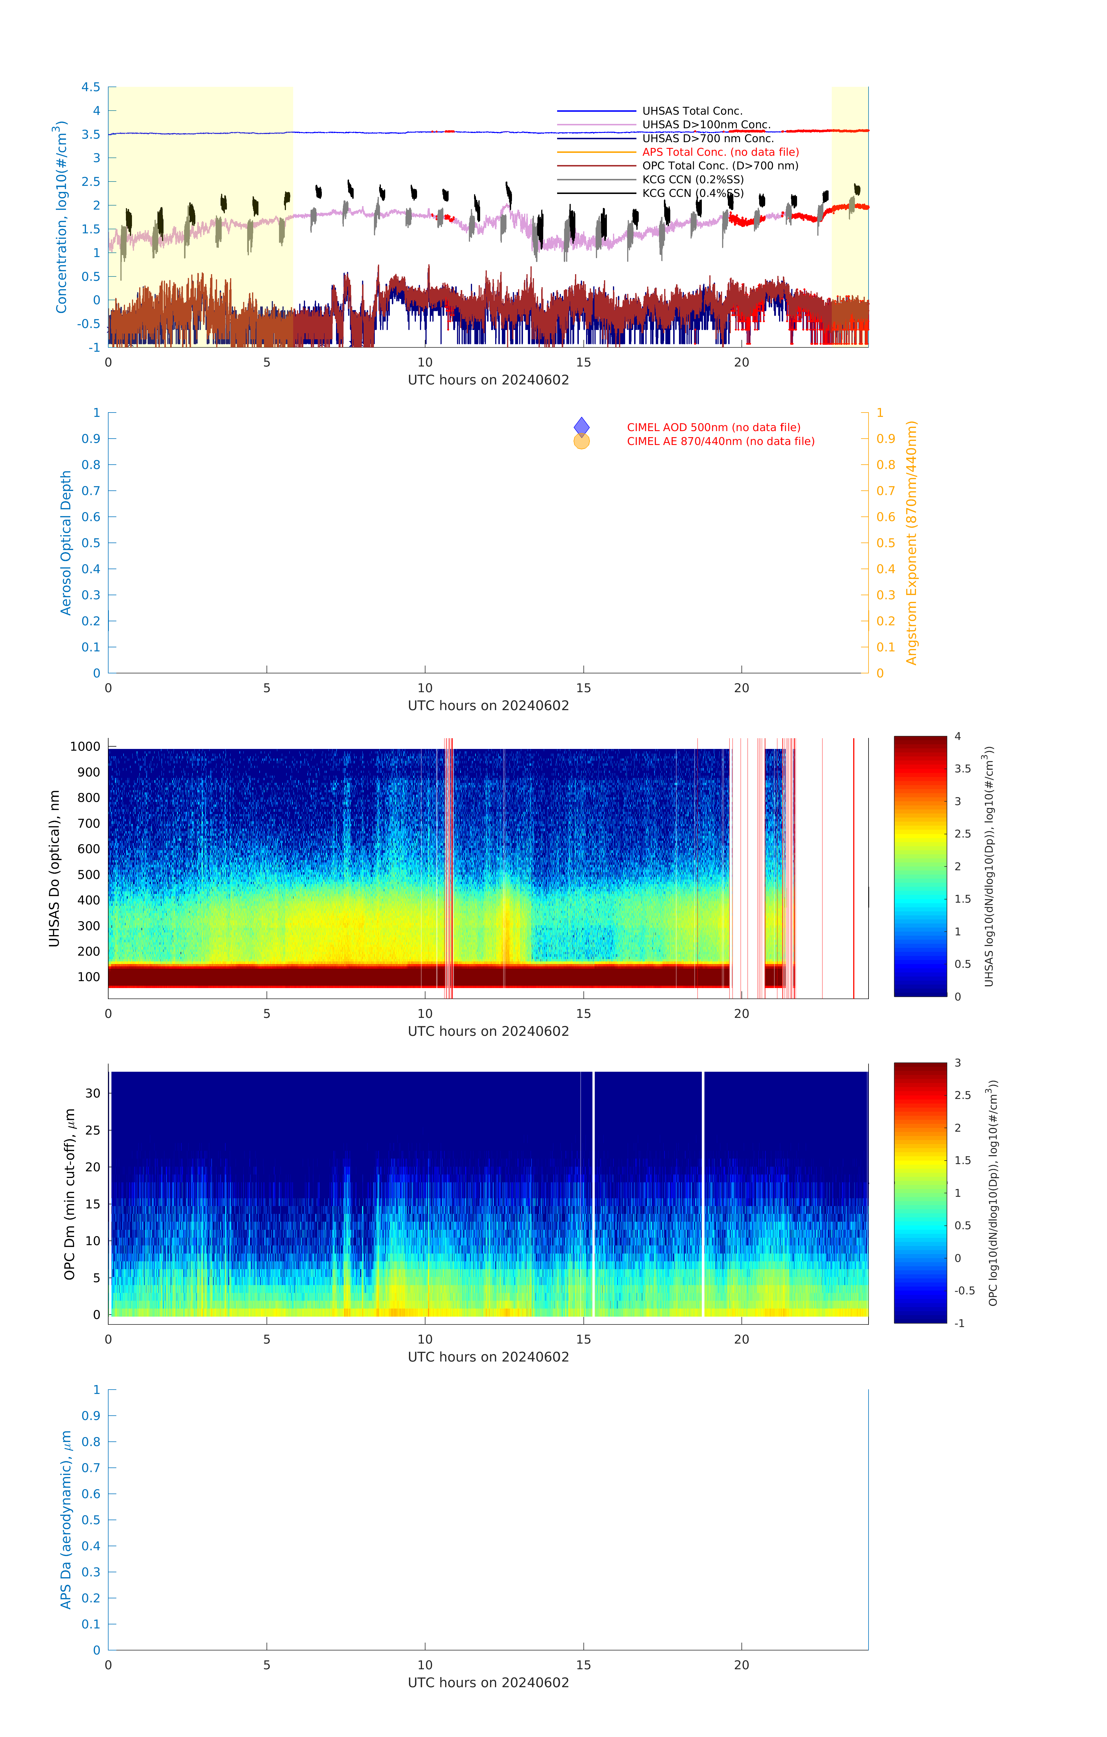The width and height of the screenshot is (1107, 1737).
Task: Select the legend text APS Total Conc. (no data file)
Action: (720, 152)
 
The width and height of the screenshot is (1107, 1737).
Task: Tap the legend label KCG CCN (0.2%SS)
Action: (692, 179)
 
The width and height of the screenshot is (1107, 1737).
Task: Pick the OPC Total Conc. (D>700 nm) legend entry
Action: (720, 166)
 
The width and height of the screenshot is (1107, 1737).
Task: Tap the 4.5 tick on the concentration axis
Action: (91, 87)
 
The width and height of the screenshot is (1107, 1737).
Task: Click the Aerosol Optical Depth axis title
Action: (66, 543)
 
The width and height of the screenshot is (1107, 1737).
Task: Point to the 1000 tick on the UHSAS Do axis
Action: (85, 747)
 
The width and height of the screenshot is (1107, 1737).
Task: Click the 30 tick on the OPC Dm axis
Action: (93, 1093)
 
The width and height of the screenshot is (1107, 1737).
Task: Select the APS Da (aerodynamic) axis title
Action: (66, 1519)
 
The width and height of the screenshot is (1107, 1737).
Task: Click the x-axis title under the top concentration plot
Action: (488, 380)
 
